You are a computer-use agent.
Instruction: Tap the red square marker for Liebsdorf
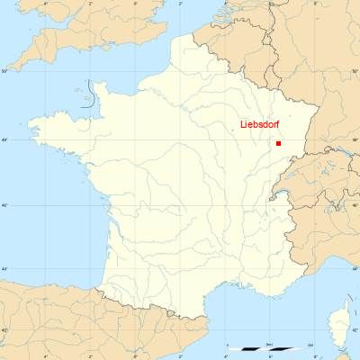tap(279, 143)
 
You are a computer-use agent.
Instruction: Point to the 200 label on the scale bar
tap(310, 344)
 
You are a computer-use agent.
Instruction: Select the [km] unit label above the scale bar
tap(269, 344)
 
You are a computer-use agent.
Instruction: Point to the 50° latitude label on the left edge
tap(4, 70)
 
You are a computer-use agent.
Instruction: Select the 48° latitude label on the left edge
tap(4, 139)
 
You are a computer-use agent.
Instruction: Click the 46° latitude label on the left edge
tap(4, 206)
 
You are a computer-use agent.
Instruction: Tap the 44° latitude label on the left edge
tap(4, 269)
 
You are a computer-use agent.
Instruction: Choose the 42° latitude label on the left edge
tap(4, 329)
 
